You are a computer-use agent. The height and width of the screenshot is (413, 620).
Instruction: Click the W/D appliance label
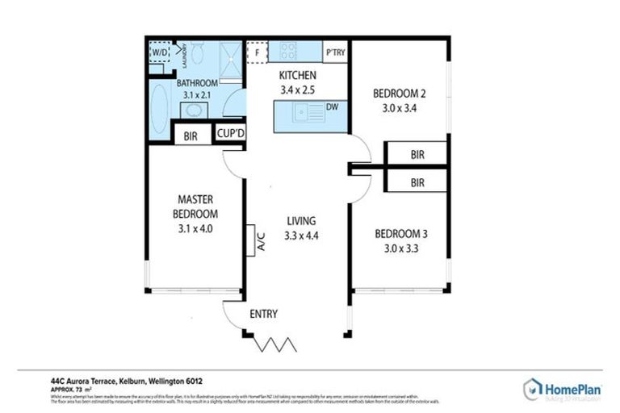coord(159,53)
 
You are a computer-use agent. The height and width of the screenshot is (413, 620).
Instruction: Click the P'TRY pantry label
coord(335,53)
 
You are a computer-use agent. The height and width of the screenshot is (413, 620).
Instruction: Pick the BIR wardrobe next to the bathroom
coord(191,136)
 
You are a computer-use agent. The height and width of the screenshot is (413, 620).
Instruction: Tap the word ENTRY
coord(264,314)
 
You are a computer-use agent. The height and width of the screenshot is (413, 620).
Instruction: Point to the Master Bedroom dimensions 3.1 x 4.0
coord(195,229)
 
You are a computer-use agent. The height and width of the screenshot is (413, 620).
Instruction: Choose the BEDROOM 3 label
coord(400,234)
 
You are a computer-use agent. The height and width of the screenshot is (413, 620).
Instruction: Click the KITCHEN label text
coord(298,75)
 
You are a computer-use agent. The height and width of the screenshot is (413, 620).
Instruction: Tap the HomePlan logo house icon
coord(532,388)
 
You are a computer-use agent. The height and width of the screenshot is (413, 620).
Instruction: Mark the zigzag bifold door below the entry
coord(274,344)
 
